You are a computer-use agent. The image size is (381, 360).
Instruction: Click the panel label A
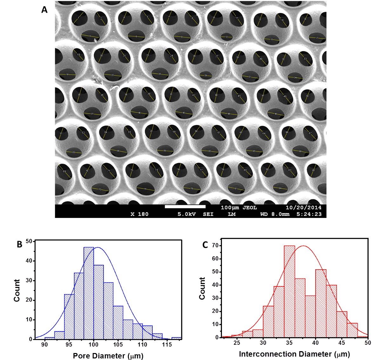click(x=44, y=10)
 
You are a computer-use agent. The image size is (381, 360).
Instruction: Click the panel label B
click(x=20, y=244)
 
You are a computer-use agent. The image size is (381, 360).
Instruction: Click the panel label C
click(x=205, y=245)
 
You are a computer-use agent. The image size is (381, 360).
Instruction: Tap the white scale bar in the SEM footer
click(x=185, y=207)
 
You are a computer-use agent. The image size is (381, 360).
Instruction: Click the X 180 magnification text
click(x=139, y=214)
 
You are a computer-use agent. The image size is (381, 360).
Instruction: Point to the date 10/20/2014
click(x=304, y=208)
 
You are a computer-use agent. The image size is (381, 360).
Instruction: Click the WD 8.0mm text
click(x=275, y=214)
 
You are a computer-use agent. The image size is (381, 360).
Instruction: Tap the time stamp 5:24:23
click(x=309, y=214)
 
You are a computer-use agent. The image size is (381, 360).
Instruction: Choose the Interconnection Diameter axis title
click(x=294, y=354)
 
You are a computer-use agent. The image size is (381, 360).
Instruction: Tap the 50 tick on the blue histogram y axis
click(x=29, y=241)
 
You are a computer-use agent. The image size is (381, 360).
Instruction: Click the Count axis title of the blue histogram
click(x=17, y=290)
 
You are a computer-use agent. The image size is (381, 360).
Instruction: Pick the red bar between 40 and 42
click(x=321, y=303)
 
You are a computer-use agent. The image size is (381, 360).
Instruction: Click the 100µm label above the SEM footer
click(x=230, y=208)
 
